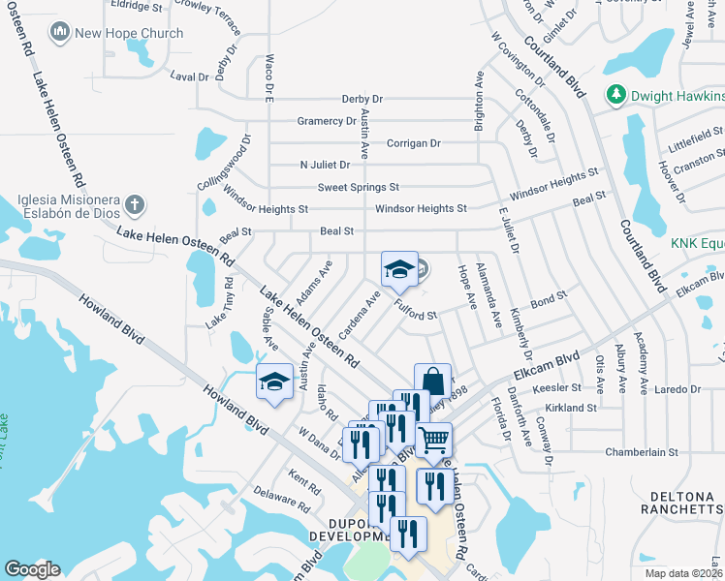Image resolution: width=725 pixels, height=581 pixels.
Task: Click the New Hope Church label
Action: tap(129, 33)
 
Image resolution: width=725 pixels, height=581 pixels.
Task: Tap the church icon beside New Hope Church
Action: tap(61, 33)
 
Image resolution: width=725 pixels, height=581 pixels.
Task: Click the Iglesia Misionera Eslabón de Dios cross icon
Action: tap(136, 205)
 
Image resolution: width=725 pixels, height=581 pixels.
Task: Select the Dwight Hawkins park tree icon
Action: tap(615, 95)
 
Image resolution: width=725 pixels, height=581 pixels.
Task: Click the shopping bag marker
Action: tap(432, 382)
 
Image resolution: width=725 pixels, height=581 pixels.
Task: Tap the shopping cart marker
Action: tap(434, 441)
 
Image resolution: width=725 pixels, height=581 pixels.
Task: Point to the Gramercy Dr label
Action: tap(327, 121)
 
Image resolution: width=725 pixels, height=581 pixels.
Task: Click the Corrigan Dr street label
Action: tap(414, 143)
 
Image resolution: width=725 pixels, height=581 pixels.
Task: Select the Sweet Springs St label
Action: tap(359, 187)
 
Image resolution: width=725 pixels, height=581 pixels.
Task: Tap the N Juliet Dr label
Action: tap(325, 165)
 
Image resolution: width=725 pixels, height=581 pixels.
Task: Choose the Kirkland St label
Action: tap(571, 409)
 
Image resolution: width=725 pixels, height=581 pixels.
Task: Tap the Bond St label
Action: tap(548, 302)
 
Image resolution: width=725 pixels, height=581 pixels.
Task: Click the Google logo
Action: tap(32, 569)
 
